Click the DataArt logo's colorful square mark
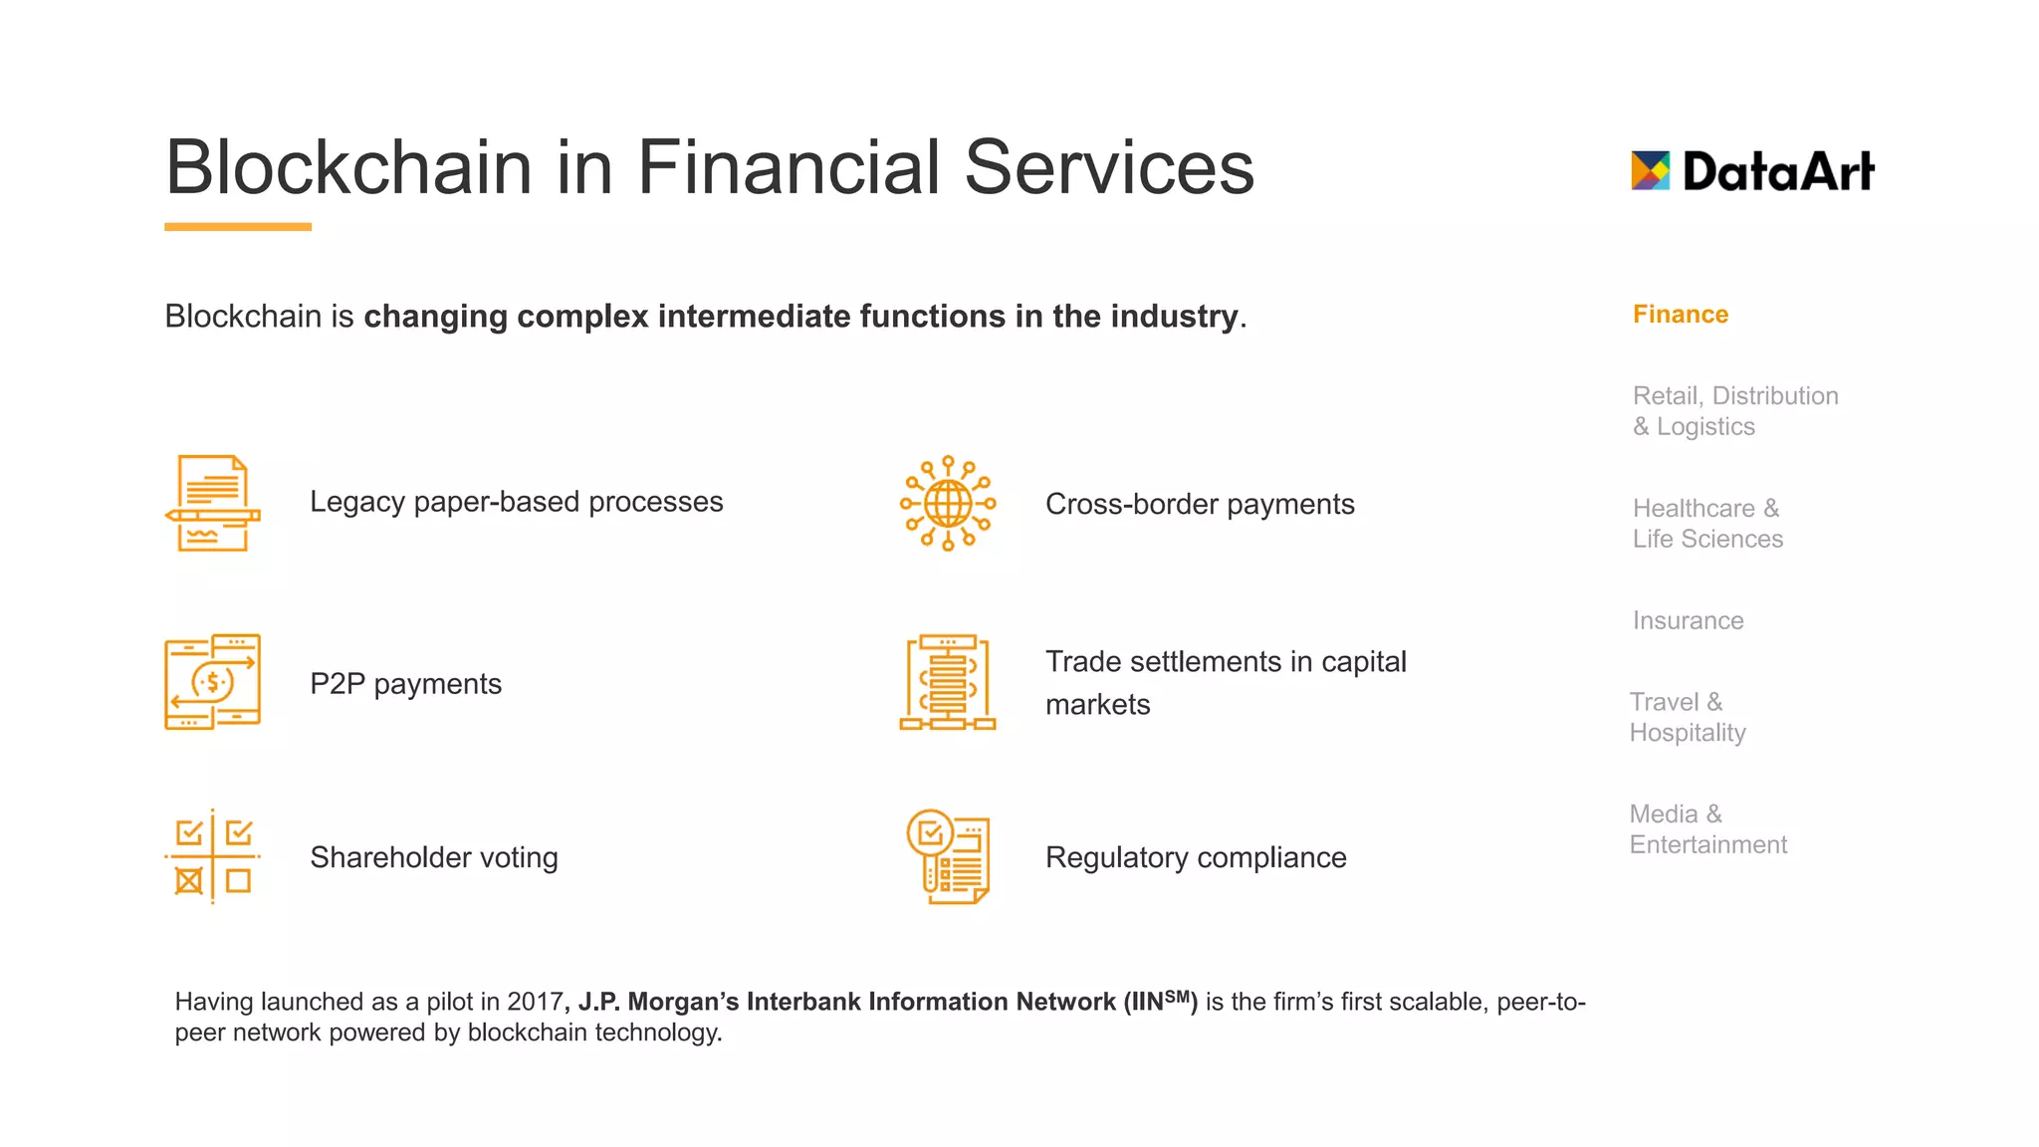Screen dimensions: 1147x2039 pyautogui.click(x=1650, y=170)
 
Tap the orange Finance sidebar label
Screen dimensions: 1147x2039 pyautogui.click(x=1680, y=315)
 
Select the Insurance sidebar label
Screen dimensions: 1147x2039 pyautogui.click(x=1688, y=620)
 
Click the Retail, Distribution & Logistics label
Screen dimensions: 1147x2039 pyautogui.click(x=1734, y=411)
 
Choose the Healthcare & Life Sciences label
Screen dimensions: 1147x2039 pyautogui.click(x=1706, y=524)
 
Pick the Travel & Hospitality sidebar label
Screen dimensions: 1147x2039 pyautogui.click(x=1687, y=717)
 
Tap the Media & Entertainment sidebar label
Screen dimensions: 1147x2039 pyautogui.click(x=1707, y=829)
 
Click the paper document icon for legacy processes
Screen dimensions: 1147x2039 pyautogui.click(x=212, y=503)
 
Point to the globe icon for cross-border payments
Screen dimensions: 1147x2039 pyautogui.click(x=947, y=504)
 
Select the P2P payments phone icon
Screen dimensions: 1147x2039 pyautogui.click(x=212, y=682)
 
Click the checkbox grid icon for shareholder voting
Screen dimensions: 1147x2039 pyautogui.click(x=212, y=856)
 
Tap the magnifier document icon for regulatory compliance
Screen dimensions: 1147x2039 pyautogui.click(x=947, y=856)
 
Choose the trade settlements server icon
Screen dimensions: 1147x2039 pyautogui.click(x=947, y=682)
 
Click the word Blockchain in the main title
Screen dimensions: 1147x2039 pyautogui.click(x=348, y=167)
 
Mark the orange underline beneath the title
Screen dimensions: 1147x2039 pyautogui.click(x=238, y=227)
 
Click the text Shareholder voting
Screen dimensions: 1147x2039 pyautogui.click(x=433, y=857)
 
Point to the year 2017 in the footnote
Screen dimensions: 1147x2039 pyautogui.click(x=534, y=1002)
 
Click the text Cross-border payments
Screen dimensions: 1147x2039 pyautogui.click(x=1199, y=504)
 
